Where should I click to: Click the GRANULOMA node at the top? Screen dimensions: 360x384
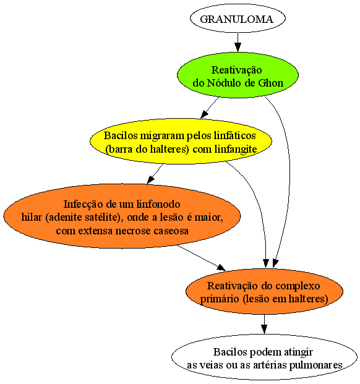coord(238,19)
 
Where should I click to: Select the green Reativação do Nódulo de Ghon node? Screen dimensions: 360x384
coord(238,75)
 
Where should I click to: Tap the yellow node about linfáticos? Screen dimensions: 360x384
coord(181,142)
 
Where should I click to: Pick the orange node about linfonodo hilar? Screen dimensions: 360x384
coord(122,216)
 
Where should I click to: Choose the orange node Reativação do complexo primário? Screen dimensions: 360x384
coord(264,291)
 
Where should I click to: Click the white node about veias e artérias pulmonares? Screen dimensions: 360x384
coord(264,357)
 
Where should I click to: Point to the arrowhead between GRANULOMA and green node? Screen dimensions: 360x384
coord(238,47)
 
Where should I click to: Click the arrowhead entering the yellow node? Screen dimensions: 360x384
coord(204,114)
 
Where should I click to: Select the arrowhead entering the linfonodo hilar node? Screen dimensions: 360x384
coord(150,180)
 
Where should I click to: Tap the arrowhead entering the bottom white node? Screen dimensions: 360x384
coord(264,330)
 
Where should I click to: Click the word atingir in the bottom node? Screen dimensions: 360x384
coord(298,352)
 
